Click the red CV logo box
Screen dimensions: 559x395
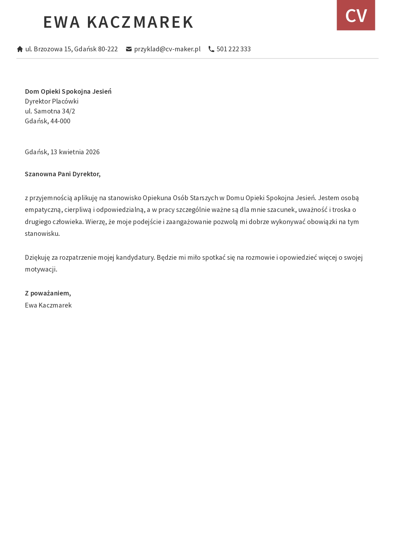pyautogui.click(x=356, y=15)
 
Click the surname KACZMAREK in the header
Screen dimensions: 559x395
pyautogui.click(x=140, y=22)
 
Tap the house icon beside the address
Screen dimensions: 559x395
pyautogui.click(x=20, y=49)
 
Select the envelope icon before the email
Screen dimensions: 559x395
pyautogui.click(x=129, y=49)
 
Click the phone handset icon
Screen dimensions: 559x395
pyautogui.click(x=211, y=49)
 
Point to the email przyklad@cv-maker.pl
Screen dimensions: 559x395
pyautogui.click(x=167, y=49)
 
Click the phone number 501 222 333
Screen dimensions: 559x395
pyautogui.click(x=233, y=49)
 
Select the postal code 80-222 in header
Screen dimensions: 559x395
pyautogui.click(x=108, y=49)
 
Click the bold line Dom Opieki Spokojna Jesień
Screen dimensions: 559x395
pyautogui.click(x=68, y=91)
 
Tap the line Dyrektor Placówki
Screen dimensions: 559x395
pyautogui.click(x=52, y=101)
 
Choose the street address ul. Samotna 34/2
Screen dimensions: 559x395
pyautogui.click(x=50, y=111)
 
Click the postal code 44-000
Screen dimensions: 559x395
pyautogui.click(x=61, y=121)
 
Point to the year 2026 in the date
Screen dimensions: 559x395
pyautogui.click(x=93, y=152)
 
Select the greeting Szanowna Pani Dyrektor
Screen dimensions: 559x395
pyautogui.click(x=63, y=174)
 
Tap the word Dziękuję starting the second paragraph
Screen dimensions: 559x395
pyautogui.click(x=37, y=258)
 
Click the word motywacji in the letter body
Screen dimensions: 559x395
pyautogui.click(x=40, y=269)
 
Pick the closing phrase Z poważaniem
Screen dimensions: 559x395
pyautogui.click(x=48, y=293)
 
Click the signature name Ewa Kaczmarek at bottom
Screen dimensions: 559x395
pyautogui.click(x=48, y=305)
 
